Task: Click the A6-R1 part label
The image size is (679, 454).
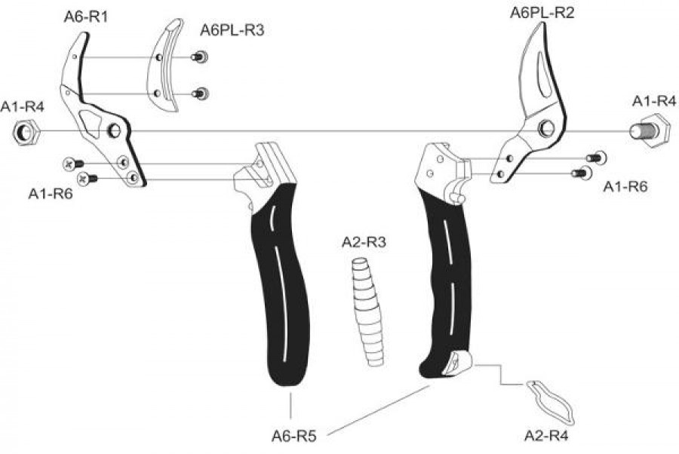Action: point(86,17)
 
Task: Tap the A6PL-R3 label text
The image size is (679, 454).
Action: point(232,30)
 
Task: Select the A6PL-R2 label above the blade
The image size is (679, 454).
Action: point(542,13)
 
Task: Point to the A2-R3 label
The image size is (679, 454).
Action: point(364,242)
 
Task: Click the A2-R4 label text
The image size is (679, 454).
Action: point(546,435)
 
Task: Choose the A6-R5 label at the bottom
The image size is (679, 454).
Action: point(294,436)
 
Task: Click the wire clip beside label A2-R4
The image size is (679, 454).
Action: point(551,403)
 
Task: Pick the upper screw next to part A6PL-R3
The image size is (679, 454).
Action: point(200,57)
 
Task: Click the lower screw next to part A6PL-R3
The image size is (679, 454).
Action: point(200,93)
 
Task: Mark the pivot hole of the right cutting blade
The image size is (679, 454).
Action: point(546,128)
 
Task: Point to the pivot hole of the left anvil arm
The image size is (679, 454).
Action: point(115,130)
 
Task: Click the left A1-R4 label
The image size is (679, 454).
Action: point(23,107)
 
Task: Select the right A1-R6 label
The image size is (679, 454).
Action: point(625,187)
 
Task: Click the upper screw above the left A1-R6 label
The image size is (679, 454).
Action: point(73,164)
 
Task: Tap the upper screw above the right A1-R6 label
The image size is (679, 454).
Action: point(596,158)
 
